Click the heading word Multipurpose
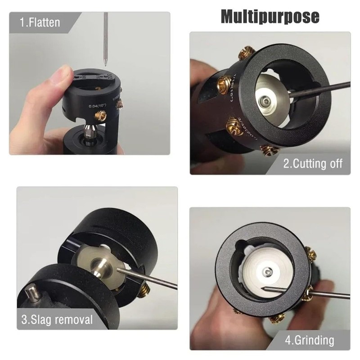point(270,17)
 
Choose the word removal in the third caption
point(75,320)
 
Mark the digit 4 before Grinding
point(288,340)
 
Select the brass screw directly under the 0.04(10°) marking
point(101,117)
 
